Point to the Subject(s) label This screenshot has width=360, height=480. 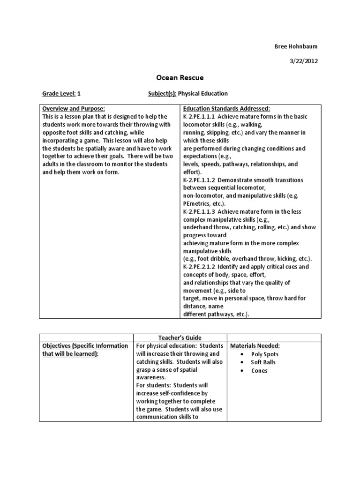tap(162, 94)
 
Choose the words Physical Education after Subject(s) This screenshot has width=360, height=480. tap(203, 94)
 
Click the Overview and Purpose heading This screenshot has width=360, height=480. tap(74, 109)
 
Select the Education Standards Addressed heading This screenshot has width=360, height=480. tap(226, 109)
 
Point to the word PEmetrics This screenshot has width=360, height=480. tap(197, 203)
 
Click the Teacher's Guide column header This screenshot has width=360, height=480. tap(180, 338)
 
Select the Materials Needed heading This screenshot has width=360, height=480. tap(255, 346)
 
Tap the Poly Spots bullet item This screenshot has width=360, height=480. tap(265, 354)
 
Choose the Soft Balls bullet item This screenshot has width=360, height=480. tap(263, 362)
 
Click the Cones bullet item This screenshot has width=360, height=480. tap(259, 371)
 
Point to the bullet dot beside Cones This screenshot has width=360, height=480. tap(241, 371)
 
